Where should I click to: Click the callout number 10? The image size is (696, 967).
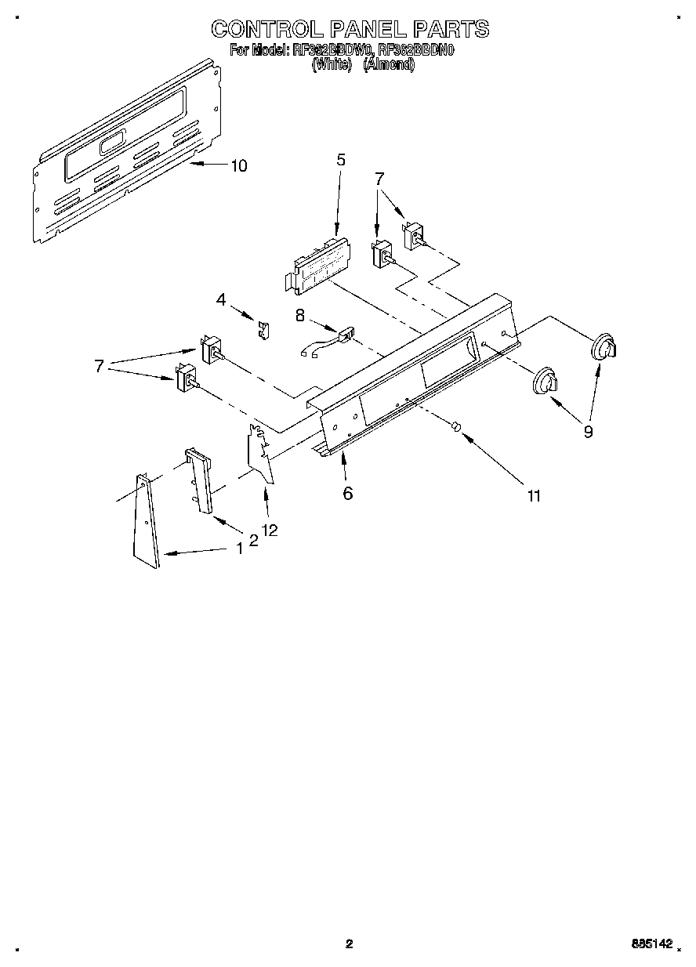pyautogui.click(x=238, y=165)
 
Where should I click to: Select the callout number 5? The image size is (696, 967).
pyautogui.click(x=341, y=160)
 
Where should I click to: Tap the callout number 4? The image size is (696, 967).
pyautogui.click(x=221, y=299)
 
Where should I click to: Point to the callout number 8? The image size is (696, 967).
pyautogui.click(x=299, y=315)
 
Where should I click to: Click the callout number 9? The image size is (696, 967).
pyautogui.click(x=588, y=430)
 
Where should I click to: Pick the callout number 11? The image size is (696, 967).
pyautogui.click(x=534, y=495)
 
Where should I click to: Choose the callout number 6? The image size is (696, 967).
pyautogui.click(x=348, y=493)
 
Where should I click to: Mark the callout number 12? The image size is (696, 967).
pyautogui.click(x=270, y=531)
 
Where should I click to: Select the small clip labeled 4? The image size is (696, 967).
pyautogui.click(x=265, y=330)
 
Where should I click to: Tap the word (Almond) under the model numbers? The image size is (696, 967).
pyautogui.click(x=389, y=66)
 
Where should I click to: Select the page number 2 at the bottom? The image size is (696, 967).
pyautogui.click(x=350, y=944)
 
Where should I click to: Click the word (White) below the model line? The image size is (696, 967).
pyautogui.click(x=330, y=66)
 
